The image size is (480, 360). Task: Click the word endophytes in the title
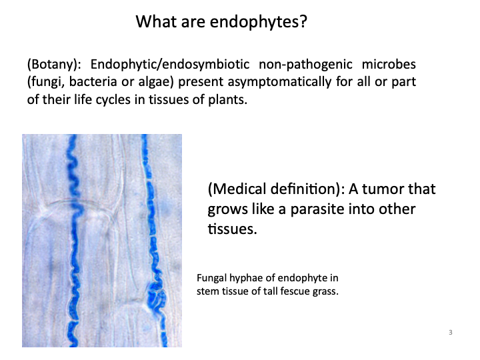pyautogui.click(x=267, y=22)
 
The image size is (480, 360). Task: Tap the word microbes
pyautogui.click(x=398, y=65)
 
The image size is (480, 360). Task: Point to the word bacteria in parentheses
pyautogui.click(x=91, y=82)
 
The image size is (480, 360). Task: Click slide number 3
pyautogui.click(x=451, y=332)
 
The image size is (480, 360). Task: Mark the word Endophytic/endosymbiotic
pyautogui.click(x=169, y=65)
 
